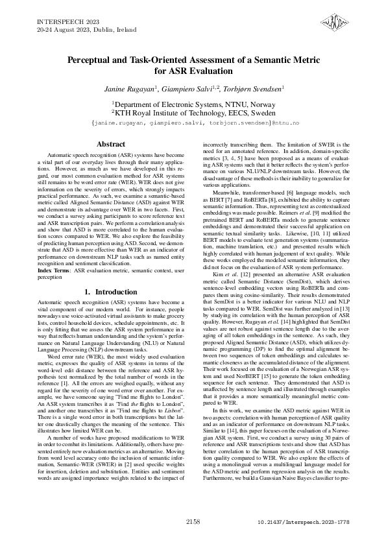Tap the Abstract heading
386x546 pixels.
click(110, 143)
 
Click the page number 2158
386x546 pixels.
click(193, 521)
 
